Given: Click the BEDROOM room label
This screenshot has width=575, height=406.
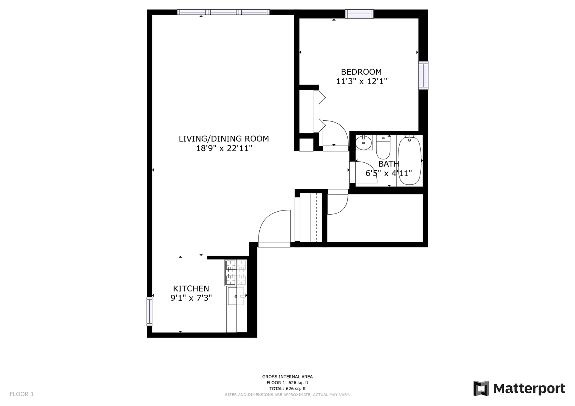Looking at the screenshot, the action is point(361,71).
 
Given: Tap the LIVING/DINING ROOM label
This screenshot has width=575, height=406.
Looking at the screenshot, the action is point(224,139).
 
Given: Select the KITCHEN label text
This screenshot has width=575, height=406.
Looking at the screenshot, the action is point(191,289).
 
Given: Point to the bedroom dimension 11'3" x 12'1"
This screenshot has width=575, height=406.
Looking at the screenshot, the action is point(361,81).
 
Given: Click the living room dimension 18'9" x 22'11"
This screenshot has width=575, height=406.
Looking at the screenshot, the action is point(224,148).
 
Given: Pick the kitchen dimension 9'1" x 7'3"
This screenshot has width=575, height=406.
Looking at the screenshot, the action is point(191,298).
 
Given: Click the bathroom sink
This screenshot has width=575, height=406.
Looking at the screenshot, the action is point(364,142).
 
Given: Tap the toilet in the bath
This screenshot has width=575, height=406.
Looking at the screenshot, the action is point(383,147).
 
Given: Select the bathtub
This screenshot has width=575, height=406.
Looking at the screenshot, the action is point(409,161).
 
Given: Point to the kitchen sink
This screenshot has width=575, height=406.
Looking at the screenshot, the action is point(236,296).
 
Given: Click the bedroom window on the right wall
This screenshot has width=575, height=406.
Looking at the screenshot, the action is point(423,76).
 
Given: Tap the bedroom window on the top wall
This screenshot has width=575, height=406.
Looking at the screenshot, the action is point(359,14).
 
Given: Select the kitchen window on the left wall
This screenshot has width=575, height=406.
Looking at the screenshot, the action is point(149,311).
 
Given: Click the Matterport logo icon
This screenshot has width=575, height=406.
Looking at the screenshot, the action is point(481,388).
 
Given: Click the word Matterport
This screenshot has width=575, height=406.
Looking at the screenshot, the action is point(529,389).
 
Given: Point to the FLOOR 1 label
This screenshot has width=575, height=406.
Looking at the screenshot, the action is point(21,394).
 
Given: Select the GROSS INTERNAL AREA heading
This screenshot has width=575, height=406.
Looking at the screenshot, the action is point(287,377).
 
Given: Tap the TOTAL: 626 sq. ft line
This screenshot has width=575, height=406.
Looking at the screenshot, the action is point(287,389).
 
